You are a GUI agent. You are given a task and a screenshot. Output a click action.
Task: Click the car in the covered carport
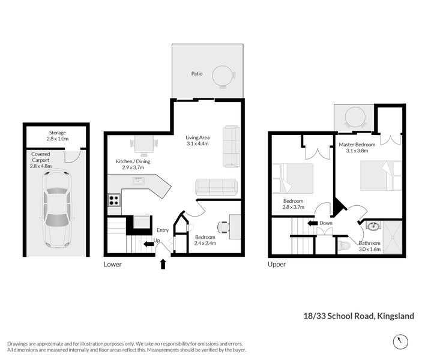point(57,209)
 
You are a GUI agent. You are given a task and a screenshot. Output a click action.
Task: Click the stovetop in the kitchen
point(114,200)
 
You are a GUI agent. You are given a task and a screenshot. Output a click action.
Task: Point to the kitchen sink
point(139,181)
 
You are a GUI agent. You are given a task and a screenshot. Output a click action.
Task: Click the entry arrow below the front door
point(163,264)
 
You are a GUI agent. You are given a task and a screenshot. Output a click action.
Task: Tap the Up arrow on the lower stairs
point(149,244)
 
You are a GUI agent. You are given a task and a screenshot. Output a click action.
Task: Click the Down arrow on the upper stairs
point(313,223)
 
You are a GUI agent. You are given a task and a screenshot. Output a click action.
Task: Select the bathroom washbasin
point(373,226)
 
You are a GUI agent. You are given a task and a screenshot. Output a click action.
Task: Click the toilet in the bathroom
point(344,246)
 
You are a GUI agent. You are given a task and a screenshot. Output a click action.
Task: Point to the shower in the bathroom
point(393,238)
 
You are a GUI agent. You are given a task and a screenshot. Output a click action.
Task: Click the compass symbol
point(400,341)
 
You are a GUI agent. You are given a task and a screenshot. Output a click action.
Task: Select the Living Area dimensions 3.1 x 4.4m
point(197,143)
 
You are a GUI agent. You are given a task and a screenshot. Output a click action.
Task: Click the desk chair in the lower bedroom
point(223,227)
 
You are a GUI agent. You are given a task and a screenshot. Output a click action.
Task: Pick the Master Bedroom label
point(357,145)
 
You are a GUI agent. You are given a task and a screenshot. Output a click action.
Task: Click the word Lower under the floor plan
point(113,264)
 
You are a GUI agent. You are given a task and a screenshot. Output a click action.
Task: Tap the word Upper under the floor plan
point(277,264)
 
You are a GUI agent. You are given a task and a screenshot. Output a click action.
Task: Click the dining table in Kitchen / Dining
point(144,144)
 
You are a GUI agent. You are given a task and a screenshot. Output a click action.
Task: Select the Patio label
point(197,73)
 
